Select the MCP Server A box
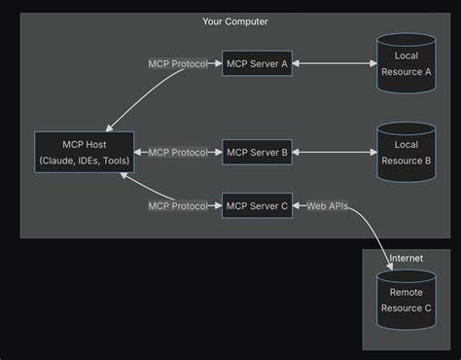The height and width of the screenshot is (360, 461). coord(257,64)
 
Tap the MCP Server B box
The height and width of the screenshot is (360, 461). coord(257,153)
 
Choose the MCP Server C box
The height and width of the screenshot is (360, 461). coord(257,205)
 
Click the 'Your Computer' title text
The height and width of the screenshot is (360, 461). coord(235,21)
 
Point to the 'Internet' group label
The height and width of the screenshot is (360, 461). coord(406,259)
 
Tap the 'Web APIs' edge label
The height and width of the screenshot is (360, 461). coord(327,205)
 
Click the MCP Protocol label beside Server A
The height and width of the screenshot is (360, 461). coord(177,64)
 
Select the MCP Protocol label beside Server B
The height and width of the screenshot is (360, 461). coord(177,153)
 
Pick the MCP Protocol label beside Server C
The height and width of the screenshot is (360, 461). coord(177,205)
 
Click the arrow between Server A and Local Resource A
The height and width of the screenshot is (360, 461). coord(334,64)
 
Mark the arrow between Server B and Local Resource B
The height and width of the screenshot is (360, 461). coord(334,153)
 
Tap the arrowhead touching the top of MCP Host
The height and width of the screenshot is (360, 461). coord(110,127)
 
